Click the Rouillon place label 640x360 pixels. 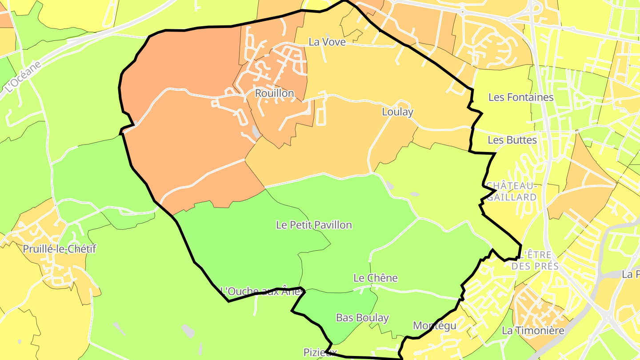click(274, 93)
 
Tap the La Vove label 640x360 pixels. click(327, 42)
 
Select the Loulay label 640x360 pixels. click(397, 112)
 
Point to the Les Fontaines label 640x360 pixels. click(521, 97)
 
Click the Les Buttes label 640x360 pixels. click(512, 140)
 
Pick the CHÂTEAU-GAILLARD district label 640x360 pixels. click(511, 191)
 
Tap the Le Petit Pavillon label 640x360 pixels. click(314, 225)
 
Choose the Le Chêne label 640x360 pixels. click(375, 278)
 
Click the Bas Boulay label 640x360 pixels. click(362, 318)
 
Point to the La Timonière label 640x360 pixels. click(532, 331)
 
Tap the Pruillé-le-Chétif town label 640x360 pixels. click(60, 249)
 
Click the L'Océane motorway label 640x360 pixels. click(24, 77)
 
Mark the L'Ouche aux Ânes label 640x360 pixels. click(262, 292)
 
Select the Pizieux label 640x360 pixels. click(320, 352)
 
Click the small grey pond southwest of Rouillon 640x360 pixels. click(256, 132)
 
